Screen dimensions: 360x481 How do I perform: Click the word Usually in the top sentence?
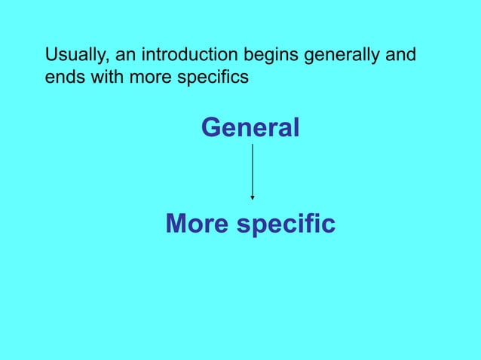tap(74, 56)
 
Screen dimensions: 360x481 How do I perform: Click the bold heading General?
tap(250, 128)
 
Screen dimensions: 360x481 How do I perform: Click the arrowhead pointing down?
tap(253, 197)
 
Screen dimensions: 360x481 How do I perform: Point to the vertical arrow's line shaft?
tap(253, 169)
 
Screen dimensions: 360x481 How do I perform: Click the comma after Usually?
tap(103, 61)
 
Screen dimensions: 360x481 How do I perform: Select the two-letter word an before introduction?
tap(118, 56)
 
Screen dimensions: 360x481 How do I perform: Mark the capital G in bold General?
tap(212, 128)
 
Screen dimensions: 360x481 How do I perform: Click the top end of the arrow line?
tap(253, 145)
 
